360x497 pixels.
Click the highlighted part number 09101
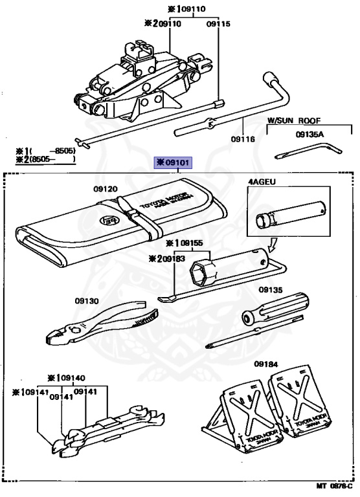[172, 162]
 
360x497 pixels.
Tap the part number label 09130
[86, 301]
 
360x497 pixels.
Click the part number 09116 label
[243, 139]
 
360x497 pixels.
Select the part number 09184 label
[266, 364]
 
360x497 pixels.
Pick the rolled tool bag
[117, 226]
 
